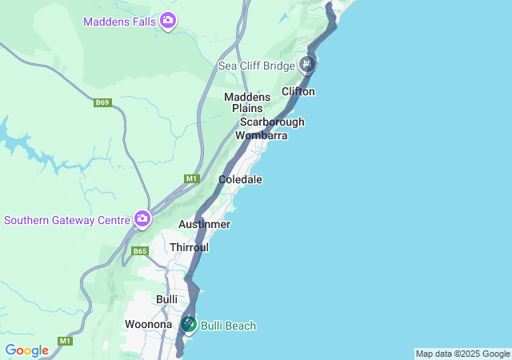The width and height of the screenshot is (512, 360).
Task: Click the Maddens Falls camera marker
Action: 168,20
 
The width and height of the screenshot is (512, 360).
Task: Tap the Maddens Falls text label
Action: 120,20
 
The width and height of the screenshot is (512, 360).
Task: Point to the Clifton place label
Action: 298,91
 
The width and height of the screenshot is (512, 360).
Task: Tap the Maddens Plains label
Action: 247,102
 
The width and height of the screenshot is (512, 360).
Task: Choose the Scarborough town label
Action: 272,122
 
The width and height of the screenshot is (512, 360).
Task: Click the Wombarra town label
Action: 261,135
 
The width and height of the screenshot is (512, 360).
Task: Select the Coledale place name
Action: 240,180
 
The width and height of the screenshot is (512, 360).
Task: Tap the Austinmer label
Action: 204,225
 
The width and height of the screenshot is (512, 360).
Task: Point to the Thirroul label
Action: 189,248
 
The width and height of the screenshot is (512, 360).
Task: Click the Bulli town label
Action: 166,299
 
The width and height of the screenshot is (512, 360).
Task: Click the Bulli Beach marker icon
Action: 188,324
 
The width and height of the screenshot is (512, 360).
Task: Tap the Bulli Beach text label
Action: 229,326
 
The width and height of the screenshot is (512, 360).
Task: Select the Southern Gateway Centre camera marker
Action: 142,218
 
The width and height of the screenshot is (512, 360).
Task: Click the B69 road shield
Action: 102,103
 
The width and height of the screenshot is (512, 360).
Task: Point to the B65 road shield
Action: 140,251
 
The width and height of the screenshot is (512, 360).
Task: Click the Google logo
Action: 26,350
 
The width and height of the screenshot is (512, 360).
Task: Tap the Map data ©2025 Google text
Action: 462,354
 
